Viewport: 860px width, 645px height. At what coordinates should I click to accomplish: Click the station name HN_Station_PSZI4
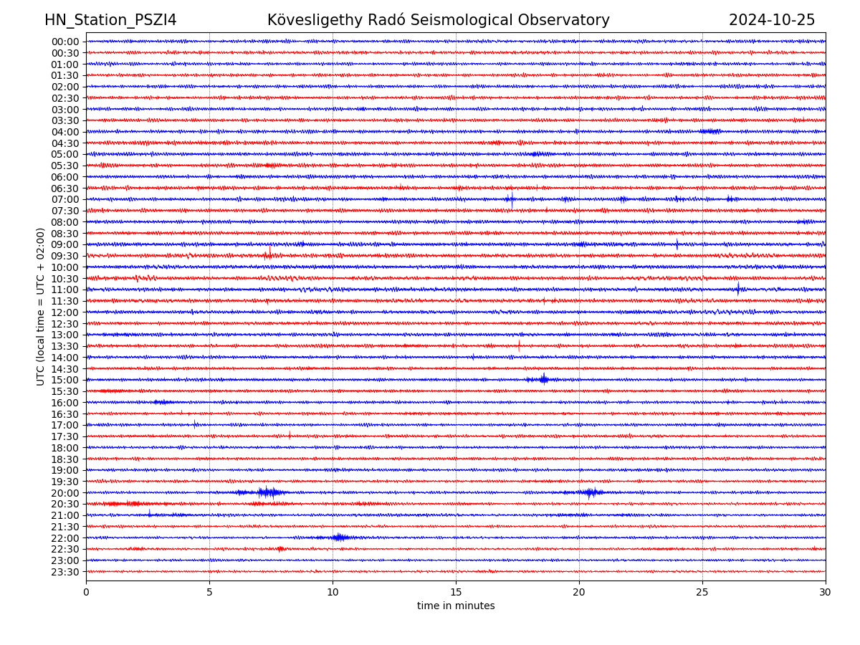pos(110,20)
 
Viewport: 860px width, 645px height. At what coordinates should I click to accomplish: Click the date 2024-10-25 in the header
pos(772,20)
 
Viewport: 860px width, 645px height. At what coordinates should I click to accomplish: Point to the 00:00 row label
pos(65,42)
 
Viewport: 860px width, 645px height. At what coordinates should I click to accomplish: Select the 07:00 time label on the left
pos(65,199)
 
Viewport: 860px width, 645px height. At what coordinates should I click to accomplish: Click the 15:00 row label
pos(65,380)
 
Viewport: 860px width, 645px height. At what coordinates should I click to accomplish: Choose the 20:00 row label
pos(65,493)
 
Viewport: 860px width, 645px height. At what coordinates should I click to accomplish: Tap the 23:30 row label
pos(65,572)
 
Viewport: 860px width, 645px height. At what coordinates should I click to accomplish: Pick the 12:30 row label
pos(65,324)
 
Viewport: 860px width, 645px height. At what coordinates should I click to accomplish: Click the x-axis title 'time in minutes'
pos(456,606)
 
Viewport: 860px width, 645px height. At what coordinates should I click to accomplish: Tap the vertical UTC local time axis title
pos(41,307)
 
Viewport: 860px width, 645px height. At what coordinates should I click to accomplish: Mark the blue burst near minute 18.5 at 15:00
pos(543,379)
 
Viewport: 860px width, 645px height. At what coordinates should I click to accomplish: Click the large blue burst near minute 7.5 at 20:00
pos(268,492)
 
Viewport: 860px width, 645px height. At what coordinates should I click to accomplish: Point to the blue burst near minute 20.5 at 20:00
pos(590,492)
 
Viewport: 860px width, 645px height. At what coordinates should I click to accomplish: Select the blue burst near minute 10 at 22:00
pos(339,537)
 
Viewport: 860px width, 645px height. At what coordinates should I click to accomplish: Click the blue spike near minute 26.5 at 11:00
pos(738,289)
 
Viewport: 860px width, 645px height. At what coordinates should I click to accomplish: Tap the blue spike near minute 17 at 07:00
pos(511,199)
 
